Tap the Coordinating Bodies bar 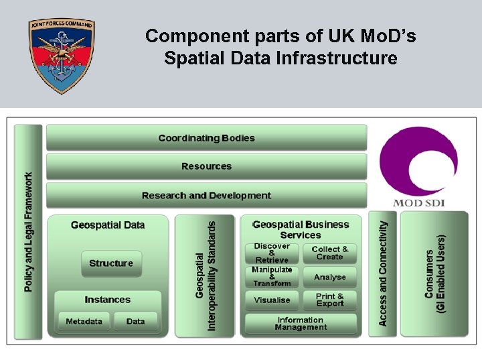206,138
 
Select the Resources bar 206,166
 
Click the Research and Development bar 206,196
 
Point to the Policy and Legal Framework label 28,231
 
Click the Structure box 111,263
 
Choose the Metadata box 84,322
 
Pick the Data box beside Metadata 135,322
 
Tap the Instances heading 108,300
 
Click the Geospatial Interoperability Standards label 206,276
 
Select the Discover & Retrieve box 272,253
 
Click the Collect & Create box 330,253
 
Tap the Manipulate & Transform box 272,277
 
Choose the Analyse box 330,277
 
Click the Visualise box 272,300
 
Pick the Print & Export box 330,300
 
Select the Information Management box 301,324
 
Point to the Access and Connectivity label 383,274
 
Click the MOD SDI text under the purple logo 419,202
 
